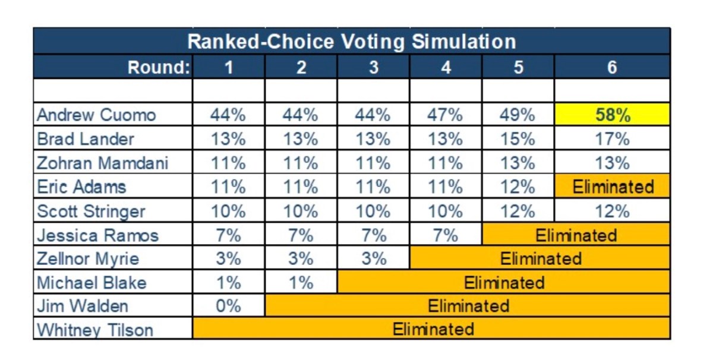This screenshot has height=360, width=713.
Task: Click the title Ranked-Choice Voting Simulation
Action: pos(351,42)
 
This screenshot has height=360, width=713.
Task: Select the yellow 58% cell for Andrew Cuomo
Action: pos(612,115)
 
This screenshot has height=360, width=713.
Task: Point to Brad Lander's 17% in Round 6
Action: pos(612,139)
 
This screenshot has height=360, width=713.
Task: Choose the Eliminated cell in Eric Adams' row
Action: pos(612,187)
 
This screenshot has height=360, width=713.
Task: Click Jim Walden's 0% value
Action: pos(229,306)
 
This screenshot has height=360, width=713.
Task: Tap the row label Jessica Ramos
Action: pos(97,235)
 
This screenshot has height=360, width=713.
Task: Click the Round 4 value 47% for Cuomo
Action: pos(446,115)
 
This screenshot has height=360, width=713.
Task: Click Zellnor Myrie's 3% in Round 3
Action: pos(373,259)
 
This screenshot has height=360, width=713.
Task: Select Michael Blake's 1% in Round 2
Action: pos(301,283)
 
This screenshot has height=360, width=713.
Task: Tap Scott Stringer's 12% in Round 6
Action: pos(612,211)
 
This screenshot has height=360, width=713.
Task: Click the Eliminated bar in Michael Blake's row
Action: pos(504,283)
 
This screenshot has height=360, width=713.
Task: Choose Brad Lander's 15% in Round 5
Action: pos(518,139)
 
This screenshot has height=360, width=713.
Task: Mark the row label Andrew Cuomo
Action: pos(96,115)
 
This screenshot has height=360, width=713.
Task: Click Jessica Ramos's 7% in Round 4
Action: pos(446,235)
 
